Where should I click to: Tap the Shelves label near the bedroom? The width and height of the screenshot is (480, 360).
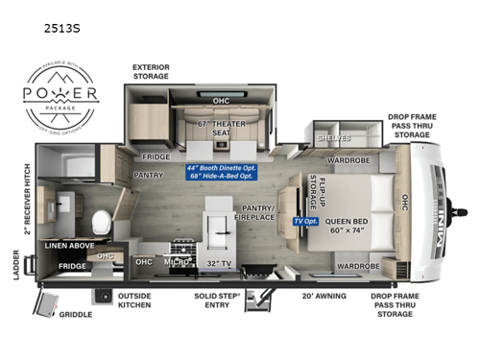coord(331,137)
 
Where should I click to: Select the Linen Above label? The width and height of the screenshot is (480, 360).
coord(68,246)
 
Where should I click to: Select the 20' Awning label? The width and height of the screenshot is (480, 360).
coord(326,297)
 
